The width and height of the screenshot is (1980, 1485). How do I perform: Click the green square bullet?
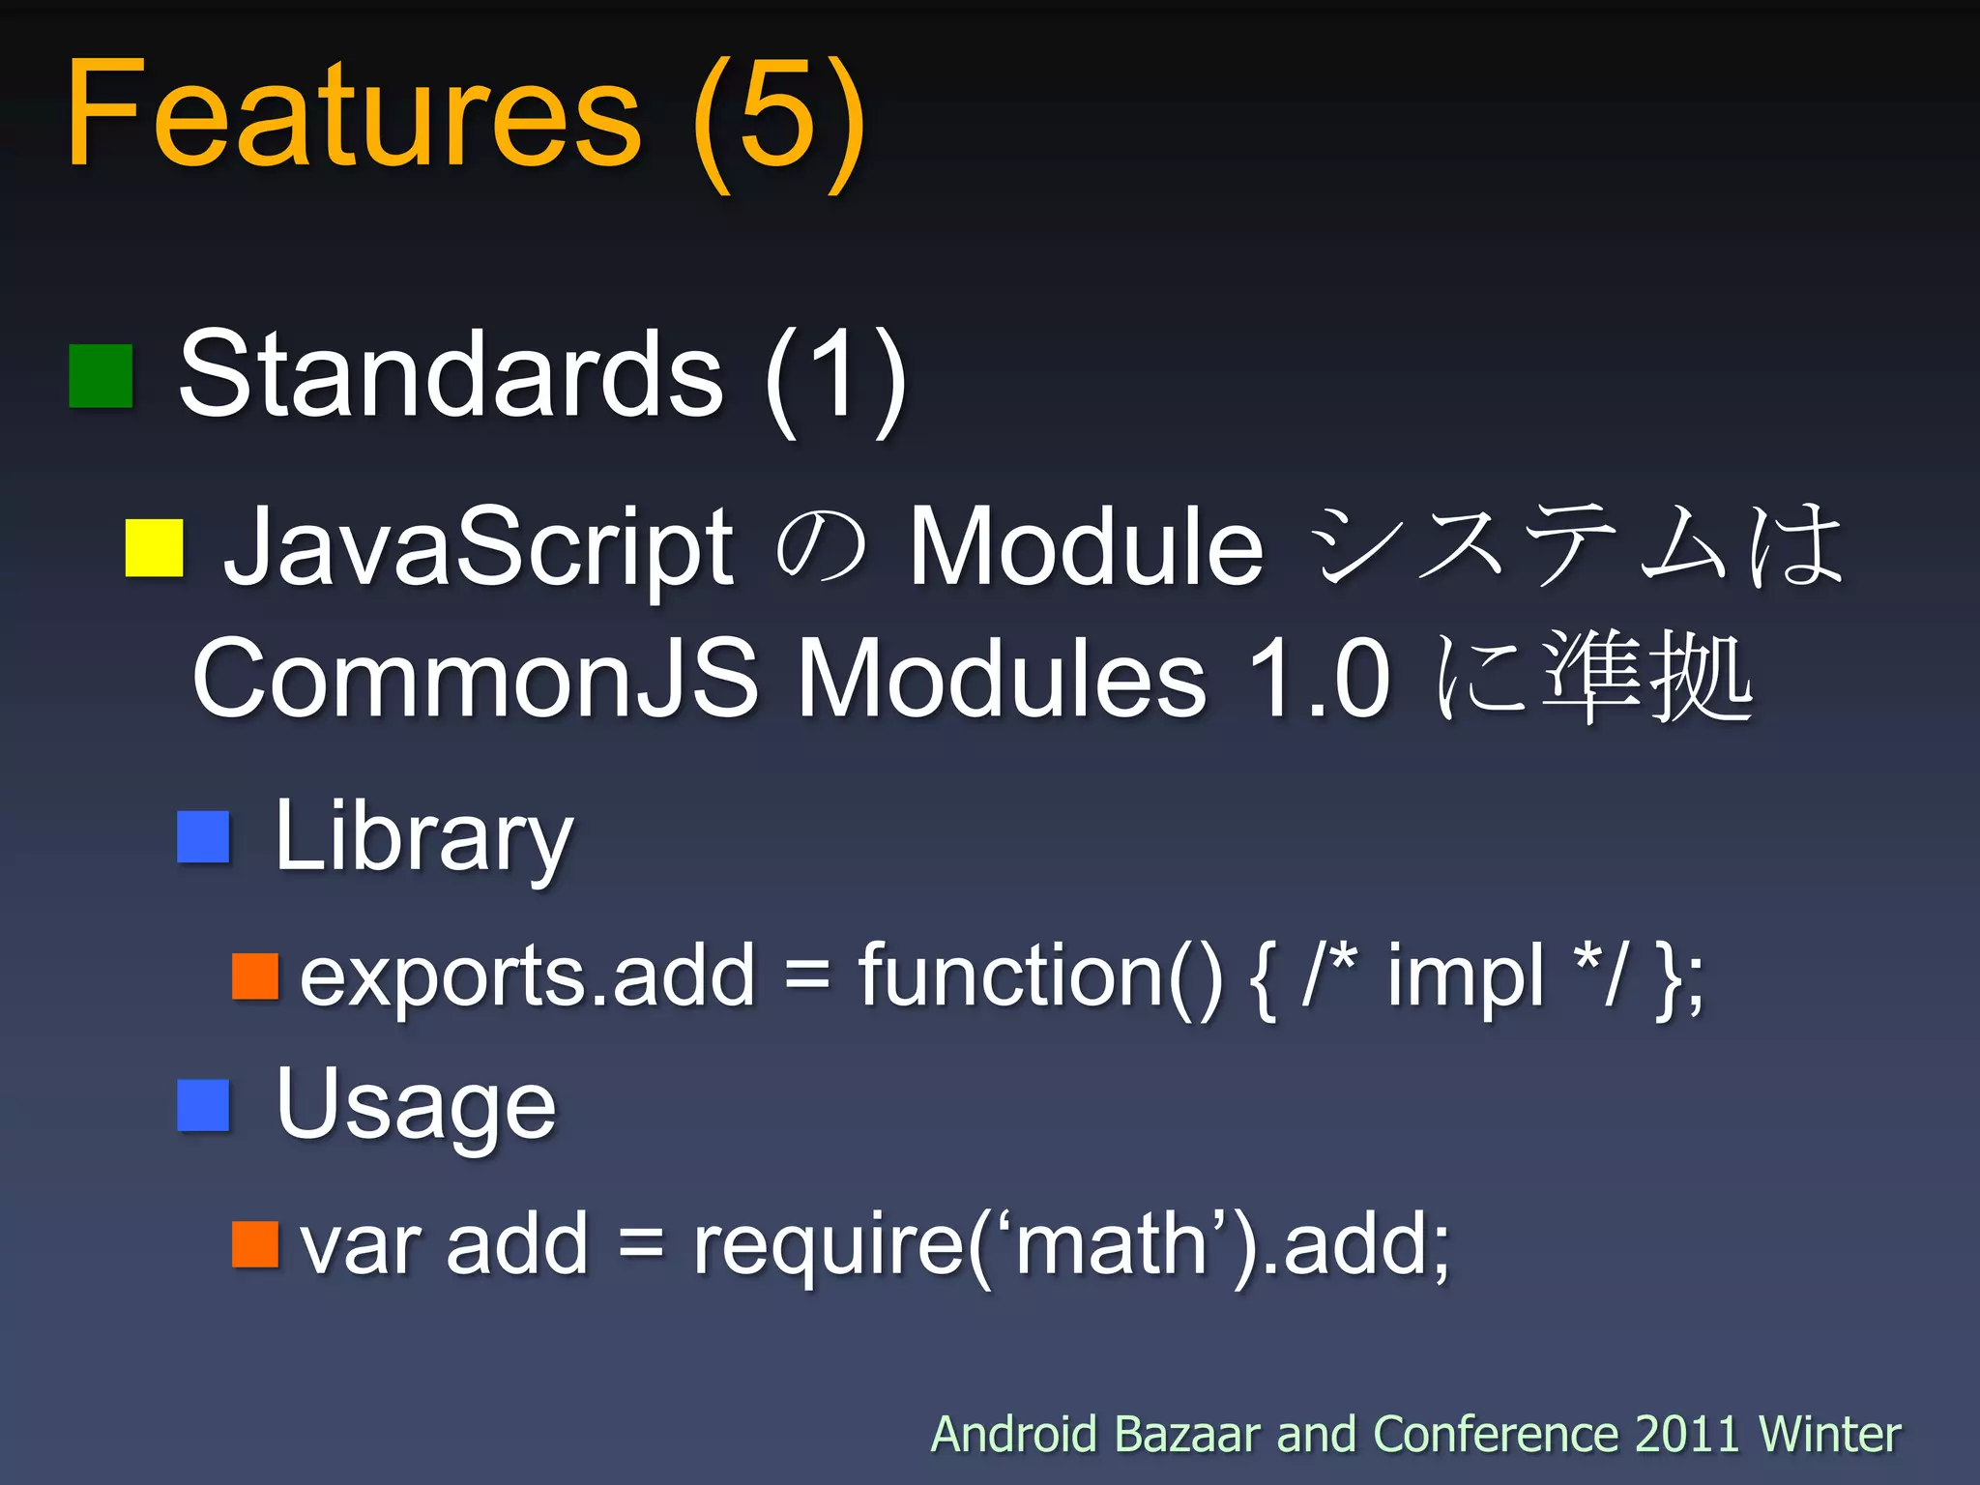click(x=101, y=376)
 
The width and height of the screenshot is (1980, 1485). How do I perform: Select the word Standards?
click(x=451, y=375)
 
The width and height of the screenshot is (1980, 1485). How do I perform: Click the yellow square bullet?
click(x=155, y=548)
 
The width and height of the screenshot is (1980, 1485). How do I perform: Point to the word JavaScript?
click(x=478, y=548)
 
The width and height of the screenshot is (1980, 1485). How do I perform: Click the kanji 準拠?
click(x=1646, y=677)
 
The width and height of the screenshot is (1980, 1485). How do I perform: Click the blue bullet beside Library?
click(x=204, y=836)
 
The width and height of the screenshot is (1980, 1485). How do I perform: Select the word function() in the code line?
click(x=1040, y=976)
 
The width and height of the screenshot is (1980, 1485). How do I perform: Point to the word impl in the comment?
click(x=1466, y=976)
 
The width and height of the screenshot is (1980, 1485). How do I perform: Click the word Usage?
click(x=416, y=1105)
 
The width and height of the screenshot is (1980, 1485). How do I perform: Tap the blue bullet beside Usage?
click(x=204, y=1105)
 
